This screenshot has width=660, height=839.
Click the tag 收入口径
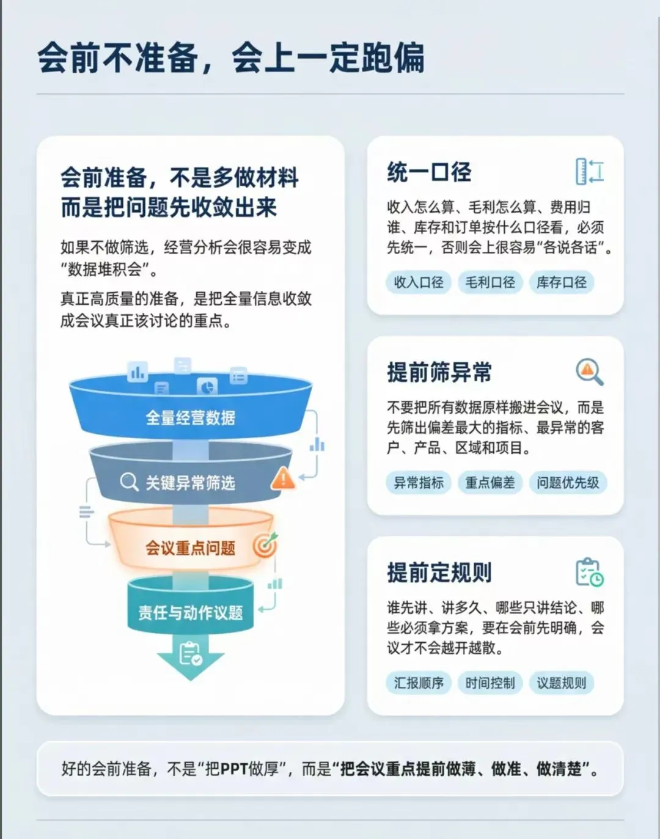tap(419, 282)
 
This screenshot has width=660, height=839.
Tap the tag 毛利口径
tap(490, 282)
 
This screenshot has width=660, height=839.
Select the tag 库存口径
tap(561, 282)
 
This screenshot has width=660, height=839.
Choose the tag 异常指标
tap(419, 483)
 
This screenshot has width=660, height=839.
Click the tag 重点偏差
tap(490, 483)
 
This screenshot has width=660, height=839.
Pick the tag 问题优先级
tap(568, 483)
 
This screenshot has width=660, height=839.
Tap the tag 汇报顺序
tap(419, 683)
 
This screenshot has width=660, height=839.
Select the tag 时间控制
tap(490, 683)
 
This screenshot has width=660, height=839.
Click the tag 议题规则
tap(561, 683)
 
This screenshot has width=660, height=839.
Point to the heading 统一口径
tap(429, 172)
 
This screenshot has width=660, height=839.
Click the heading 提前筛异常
tap(439, 372)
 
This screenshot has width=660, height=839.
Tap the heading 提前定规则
tap(439, 573)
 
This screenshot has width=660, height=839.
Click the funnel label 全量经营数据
tap(190, 418)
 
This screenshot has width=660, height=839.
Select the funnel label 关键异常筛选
tap(190, 483)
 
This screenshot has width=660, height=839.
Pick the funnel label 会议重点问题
tap(190, 548)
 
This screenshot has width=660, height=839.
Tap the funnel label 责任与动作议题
tap(190, 612)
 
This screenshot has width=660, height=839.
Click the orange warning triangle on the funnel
tap(283, 478)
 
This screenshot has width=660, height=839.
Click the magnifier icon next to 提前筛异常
tap(589, 372)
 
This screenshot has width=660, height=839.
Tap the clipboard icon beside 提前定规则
tap(589, 572)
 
